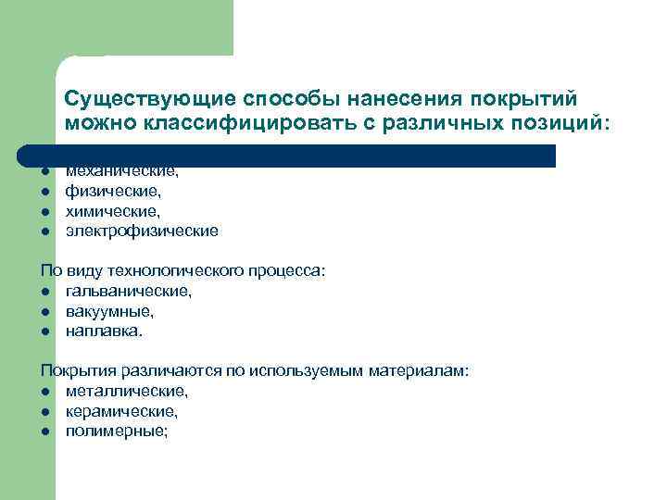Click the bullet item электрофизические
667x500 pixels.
point(142,231)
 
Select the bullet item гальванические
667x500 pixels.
point(129,291)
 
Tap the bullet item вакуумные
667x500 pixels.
point(109,311)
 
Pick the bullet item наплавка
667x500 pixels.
point(105,331)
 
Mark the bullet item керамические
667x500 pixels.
point(121,411)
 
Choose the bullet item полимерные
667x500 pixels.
point(117,431)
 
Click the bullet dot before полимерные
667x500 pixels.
point(44,431)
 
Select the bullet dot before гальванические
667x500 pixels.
point(44,292)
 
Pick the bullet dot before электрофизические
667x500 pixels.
point(44,231)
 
